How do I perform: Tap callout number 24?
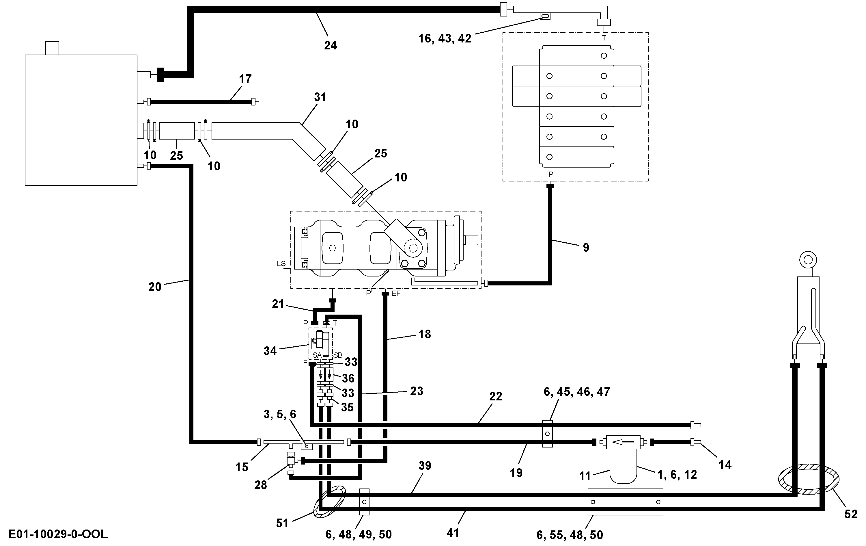331,45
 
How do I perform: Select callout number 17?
245,79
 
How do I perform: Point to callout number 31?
320,97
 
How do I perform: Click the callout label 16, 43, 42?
445,38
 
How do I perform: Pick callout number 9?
586,247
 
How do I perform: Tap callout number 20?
155,287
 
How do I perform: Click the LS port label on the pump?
281,263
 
